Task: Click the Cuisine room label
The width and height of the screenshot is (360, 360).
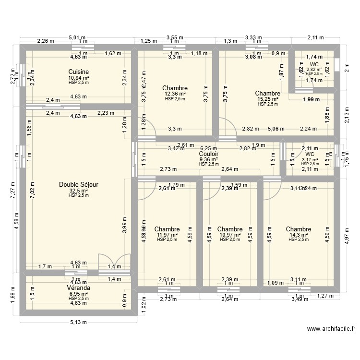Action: click(79, 72)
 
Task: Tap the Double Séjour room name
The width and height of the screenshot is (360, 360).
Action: click(79, 184)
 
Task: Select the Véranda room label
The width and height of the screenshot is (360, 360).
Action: click(79, 288)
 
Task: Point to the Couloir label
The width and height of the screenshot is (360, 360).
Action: click(209, 154)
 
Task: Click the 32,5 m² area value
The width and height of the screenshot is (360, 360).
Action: click(79, 190)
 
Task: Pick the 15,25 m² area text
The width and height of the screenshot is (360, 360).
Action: click(267, 99)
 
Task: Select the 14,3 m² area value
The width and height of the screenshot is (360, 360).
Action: click(299, 235)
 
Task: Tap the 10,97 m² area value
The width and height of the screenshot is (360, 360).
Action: click(229, 235)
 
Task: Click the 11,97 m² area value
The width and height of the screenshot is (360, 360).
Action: click(167, 235)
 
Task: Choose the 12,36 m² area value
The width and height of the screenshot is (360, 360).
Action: click(175, 94)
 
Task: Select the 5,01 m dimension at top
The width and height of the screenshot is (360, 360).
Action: click(77, 37)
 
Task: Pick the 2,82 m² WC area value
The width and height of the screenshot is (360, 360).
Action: click(314, 69)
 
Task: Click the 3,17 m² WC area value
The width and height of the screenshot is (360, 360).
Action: click(310, 159)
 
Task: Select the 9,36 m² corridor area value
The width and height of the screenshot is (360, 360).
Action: click(209, 159)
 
